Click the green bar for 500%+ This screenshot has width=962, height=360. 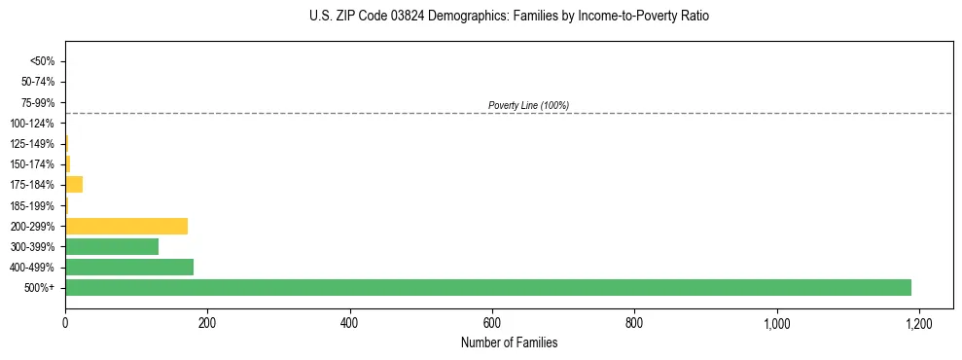click(x=488, y=287)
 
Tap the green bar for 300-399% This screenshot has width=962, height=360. click(x=112, y=246)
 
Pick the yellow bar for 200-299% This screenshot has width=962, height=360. click(x=126, y=226)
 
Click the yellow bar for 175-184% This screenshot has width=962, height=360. click(x=74, y=184)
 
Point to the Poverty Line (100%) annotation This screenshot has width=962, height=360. click(x=528, y=105)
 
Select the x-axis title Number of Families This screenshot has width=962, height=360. click(x=509, y=342)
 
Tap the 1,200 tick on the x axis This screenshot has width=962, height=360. click(x=918, y=322)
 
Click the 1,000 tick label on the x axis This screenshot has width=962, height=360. click(x=776, y=322)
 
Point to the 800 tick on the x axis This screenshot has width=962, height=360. click(x=634, y=322)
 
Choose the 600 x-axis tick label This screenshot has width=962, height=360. click(x=492, y=322)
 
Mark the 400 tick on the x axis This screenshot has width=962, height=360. click(x=350, y=322)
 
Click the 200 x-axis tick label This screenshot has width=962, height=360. click(x=207, y=322)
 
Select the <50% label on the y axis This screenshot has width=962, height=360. click(x=42, y=61)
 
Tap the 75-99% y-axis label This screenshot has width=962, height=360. click(x=38, y=102)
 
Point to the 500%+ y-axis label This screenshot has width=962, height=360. click(x=40, y=288)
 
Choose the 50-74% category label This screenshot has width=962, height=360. click(x=38, y=82)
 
